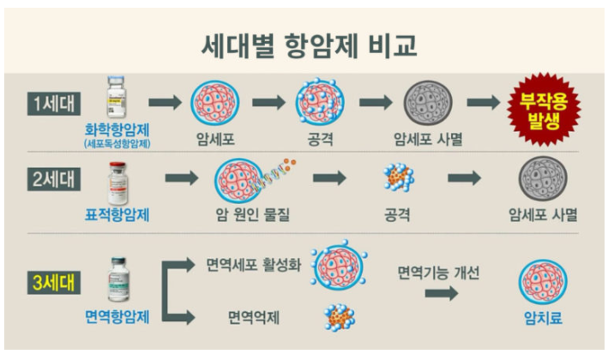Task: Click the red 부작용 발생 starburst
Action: (x=545, y=109)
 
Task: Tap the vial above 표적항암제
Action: (x=117, y=182)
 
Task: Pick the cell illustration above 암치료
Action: (x=542, y=283)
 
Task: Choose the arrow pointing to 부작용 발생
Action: (x=484, y=102)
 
